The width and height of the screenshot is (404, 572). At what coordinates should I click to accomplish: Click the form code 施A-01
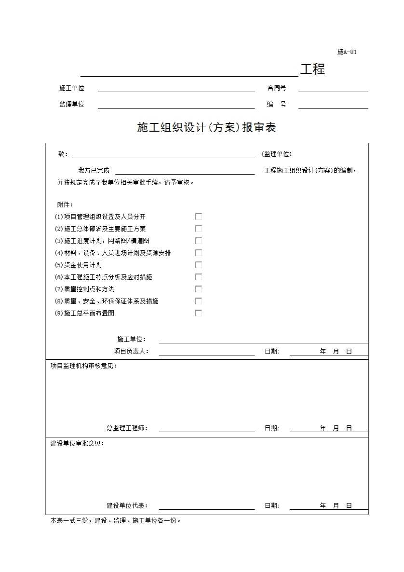coord(347,52)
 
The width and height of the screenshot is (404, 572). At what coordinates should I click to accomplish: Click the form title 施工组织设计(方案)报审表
coord(206,128)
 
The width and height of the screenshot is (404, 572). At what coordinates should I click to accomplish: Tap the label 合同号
coord(277,88)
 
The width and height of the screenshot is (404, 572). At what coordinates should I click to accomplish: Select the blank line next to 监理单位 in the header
coord(176,105)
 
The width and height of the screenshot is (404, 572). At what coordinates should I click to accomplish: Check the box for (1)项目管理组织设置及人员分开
coord(199,217)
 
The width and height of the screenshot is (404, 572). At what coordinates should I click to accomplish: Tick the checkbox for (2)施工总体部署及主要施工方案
coord(199,229)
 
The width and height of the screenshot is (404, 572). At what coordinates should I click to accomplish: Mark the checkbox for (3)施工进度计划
coord(199,241)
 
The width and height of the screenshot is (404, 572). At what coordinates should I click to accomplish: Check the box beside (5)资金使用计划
coord(199,265)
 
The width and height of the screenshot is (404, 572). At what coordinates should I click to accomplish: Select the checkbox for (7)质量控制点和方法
coord(199,289)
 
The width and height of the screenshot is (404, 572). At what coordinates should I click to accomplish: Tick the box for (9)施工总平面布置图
coord(199,313)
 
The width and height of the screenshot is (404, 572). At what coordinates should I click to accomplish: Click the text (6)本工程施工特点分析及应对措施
coord(103,277)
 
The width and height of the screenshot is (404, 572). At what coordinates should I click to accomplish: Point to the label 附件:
coord(65,204)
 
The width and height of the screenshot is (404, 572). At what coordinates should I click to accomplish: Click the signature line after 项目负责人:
coord(206,352)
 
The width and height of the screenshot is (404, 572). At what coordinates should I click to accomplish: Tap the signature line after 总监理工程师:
coord(206,428)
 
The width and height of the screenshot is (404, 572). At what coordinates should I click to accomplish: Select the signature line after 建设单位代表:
coord(206,506)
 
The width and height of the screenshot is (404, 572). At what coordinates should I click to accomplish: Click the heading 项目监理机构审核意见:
coord(83,366)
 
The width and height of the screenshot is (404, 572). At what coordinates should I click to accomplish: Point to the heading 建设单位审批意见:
coord(77,444)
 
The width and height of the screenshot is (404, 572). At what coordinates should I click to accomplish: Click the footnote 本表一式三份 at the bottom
coord(116,521)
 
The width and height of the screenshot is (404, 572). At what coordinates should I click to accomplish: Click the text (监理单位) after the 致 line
coord(277,154)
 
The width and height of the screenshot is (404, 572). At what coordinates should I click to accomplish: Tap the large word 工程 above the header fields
coord(312,69)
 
